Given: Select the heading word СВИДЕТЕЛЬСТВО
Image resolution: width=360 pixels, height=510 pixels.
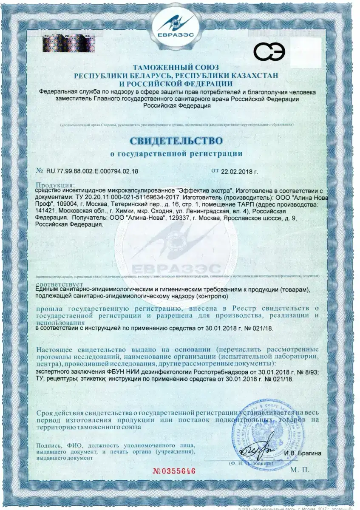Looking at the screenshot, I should pos(177,140).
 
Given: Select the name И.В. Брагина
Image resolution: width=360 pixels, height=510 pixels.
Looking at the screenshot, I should pos(303,453).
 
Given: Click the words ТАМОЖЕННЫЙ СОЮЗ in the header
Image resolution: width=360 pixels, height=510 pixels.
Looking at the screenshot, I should pos(176,68).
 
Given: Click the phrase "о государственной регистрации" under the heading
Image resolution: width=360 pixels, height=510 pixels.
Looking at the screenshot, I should pos(176,154).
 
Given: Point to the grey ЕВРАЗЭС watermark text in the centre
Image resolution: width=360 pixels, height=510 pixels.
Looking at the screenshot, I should pos(176,269).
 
